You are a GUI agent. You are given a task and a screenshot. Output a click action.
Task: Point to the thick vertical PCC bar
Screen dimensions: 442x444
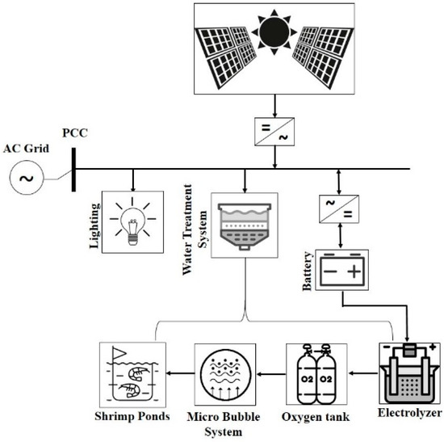click(73, 170)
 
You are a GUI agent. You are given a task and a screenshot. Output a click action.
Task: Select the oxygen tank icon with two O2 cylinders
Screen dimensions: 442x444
click(316, 374)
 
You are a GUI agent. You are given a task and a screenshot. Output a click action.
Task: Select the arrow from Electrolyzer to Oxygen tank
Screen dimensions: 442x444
click(362, 374)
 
